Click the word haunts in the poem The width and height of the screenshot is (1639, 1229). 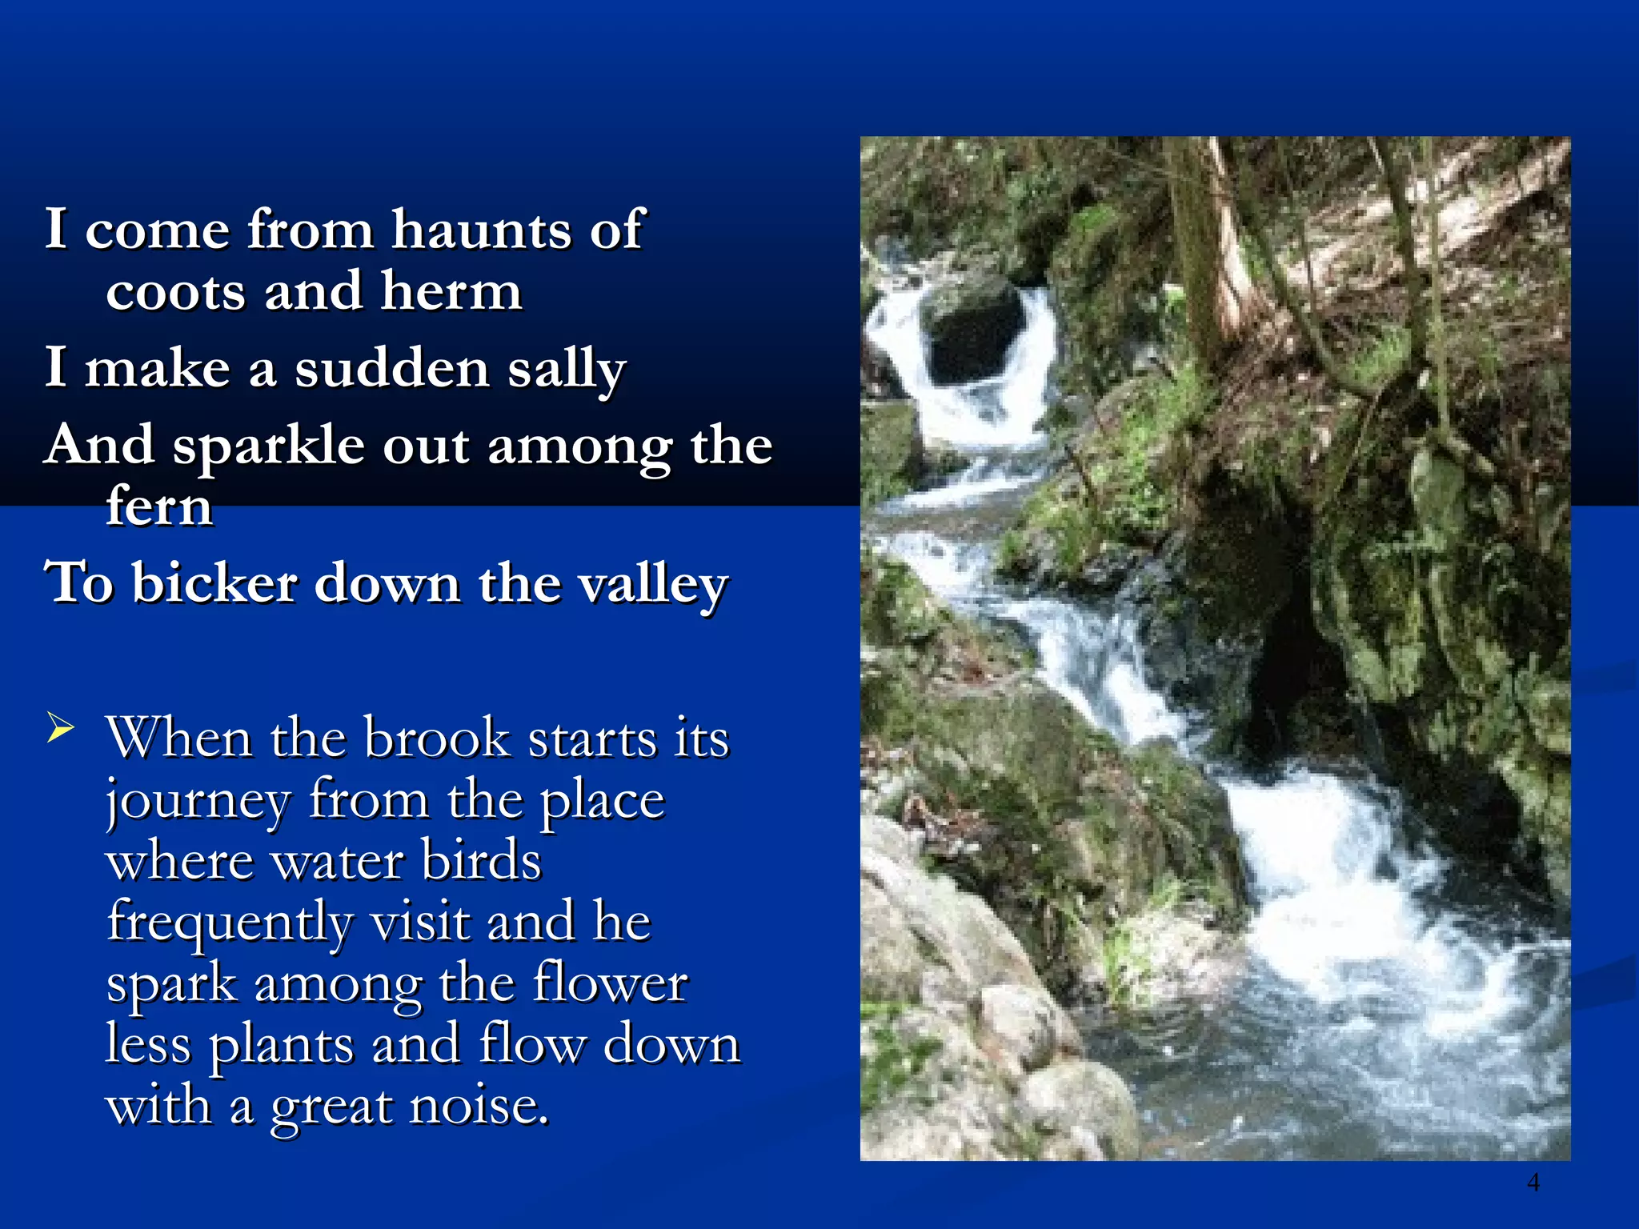[x=481, y=230]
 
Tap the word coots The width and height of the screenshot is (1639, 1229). [x=175, y=291]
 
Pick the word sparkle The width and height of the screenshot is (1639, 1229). [x=269, y=446]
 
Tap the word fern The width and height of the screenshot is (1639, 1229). [x=159, y=506]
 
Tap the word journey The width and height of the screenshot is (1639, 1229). [x=198, y=800]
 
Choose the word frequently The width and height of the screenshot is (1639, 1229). [x=229, y=923]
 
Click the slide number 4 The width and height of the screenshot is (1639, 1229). [x=1533, y=1181]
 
